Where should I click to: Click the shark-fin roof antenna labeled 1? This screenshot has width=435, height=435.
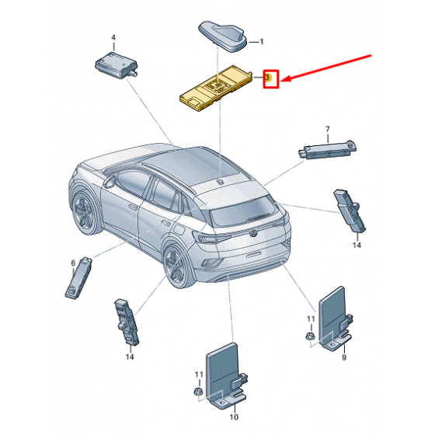point(222,36)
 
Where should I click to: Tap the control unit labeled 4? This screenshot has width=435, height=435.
point(116,65)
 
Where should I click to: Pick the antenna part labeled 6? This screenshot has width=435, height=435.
point(78,278)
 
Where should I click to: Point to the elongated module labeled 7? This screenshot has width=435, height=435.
point(327,150)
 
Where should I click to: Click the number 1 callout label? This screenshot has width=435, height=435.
point(261,42)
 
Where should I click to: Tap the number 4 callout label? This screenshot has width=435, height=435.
point(113,37)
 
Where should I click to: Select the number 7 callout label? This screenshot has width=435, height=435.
point(328,129)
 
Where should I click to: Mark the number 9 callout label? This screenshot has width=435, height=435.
point(344,357)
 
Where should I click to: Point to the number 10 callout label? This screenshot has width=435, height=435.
point(234,416)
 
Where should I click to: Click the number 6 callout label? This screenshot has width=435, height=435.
point(73,263)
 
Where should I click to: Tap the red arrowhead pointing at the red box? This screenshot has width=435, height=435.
point(286,78)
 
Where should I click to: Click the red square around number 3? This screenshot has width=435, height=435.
point(271,79)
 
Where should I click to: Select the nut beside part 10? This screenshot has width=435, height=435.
point(197,392)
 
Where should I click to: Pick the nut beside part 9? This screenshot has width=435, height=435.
point(309,336)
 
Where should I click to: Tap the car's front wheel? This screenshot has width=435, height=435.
point(84,213)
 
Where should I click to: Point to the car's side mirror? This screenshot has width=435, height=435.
point(110,182)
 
